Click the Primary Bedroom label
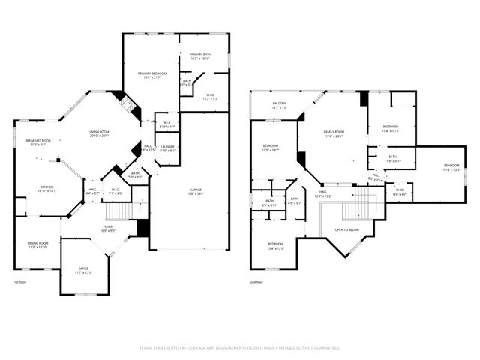pyautogui.click(x=151, y=74)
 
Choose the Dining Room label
pyautogui.click(x=37, y=244)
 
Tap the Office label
pyautogui.click(x=83, y=270)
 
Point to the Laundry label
pyautogui.click(x=167, y=148)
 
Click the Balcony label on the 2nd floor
pyautogui.click(x=279, y=105)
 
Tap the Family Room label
pyautogui.click(x=333, y=133)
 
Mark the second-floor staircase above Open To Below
pyautogui.click(x=363, y=198)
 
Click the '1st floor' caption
pyautogui.click(x=21, y=282)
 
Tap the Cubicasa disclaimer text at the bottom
pyautogui.click(x=240, y=348)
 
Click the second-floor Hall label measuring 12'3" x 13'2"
pyautogui.click(x=323, y=193)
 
